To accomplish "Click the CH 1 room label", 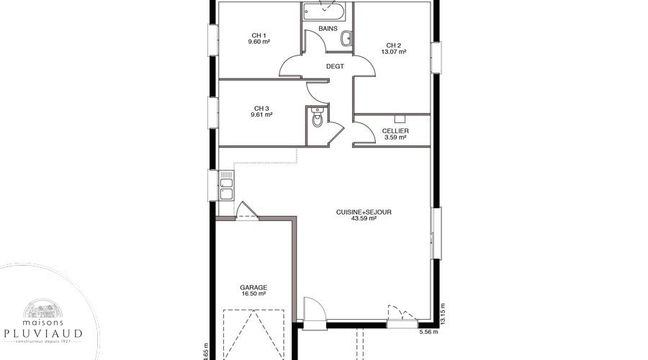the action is [258, 35].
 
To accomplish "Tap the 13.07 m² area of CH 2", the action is [393, 52].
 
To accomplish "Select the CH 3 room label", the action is [261, 109].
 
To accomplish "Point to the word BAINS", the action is [328, 29].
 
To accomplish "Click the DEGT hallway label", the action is [335, 66].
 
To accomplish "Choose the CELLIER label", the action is [395, 130].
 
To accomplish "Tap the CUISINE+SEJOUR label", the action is [364, 212].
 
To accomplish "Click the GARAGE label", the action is [253, 287].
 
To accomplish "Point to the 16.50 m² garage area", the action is [253, 294].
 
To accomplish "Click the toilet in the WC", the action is [317, 117].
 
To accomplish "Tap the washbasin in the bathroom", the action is [346, 39].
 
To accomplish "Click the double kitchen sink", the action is [226, 189].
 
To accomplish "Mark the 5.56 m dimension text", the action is [428, 331].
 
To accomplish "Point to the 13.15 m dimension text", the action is [443, 314].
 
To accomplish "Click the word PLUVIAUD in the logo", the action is [43, 333].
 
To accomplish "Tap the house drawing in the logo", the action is [42, 308].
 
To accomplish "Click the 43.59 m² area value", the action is [364, 218].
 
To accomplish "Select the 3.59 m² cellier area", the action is [395, 137].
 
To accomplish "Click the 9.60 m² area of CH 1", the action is [259, 41].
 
